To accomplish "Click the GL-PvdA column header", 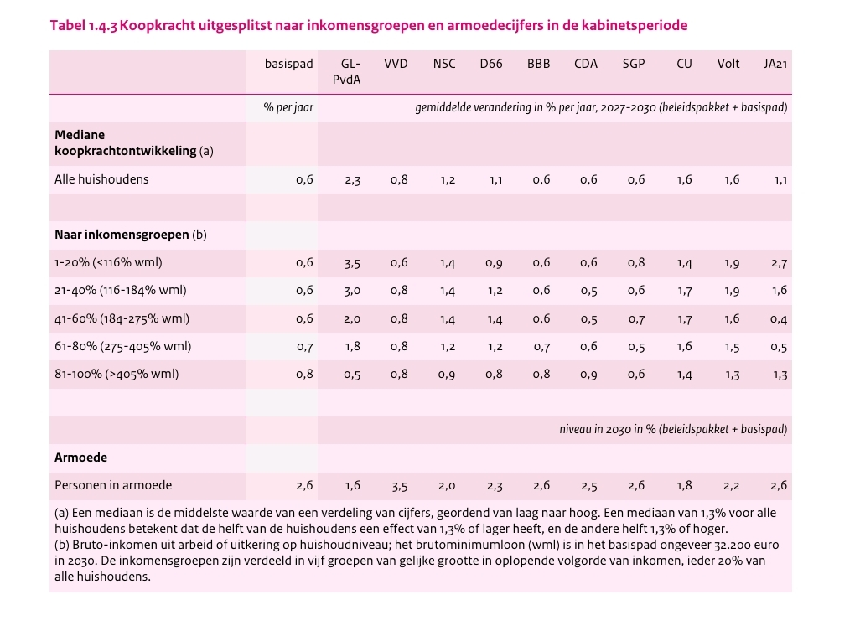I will (x=350, y=71).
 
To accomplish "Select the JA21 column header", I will (x=775, y=64).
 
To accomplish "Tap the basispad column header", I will (x=288, y=64).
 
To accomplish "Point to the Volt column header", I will (x=728, y=64).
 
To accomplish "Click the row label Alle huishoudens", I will (x=101, y=179).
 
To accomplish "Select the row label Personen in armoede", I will (x=113, y=485).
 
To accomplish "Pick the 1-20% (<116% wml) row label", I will (x=108, y=262).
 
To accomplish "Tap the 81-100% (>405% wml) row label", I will (x=117, y=374).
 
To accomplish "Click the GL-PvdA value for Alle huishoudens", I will (x=352, y=180).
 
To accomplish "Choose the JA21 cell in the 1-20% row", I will (x=779, y=263).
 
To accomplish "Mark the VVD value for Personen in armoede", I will (x=399, y=486).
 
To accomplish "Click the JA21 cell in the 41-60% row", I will (x=779, y=319).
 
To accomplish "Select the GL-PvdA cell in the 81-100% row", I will (x=352, y=375).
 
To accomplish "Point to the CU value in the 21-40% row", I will (x=684, y=291).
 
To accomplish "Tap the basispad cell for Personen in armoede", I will (x=304, y=486).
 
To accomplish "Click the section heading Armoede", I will (x=80, y=458).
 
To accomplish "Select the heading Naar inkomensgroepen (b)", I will (x=130, y=235).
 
